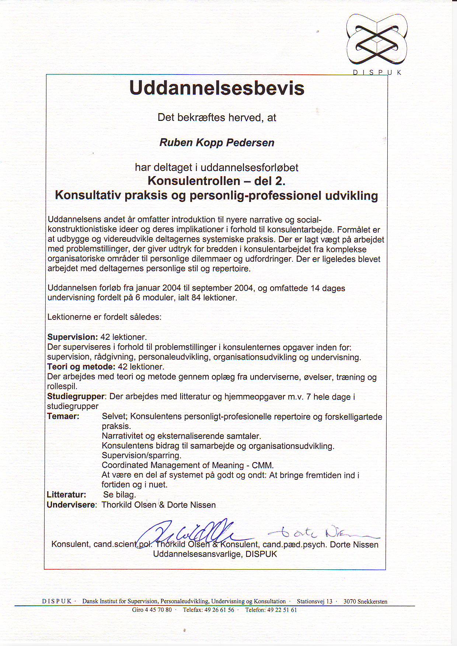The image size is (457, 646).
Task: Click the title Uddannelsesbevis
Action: [217, 88]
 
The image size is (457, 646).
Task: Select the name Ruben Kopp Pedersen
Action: [217, 143]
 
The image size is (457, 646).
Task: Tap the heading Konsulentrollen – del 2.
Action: [217, 181]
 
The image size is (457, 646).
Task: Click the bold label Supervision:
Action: [73, 337]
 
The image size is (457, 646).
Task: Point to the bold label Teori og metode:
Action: [81, 367]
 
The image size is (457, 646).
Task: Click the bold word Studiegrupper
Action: [76, 397]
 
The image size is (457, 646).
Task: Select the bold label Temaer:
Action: [63, 416]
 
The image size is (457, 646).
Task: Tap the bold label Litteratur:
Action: [66, 495]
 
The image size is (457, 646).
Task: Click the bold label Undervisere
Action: [71, 505]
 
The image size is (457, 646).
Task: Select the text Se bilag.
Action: [119, 495]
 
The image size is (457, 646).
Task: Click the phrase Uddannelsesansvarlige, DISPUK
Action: [215, 554]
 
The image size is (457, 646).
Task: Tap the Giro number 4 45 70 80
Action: [152, 610]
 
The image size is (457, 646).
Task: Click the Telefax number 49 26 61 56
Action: [209, 610]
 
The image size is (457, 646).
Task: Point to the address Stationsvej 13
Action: [314, 601]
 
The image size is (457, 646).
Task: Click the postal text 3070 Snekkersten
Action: [365, 601]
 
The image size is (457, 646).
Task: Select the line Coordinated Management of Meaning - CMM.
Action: [188, 465]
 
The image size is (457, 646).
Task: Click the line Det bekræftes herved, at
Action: [217, 118]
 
